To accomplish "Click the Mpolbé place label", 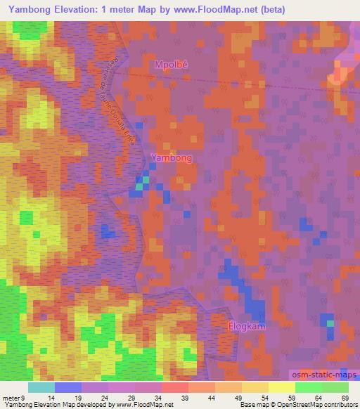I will pyautogui.click(x=172, y=65).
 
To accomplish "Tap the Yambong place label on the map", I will pyautogui.click(x=172, y=158).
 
